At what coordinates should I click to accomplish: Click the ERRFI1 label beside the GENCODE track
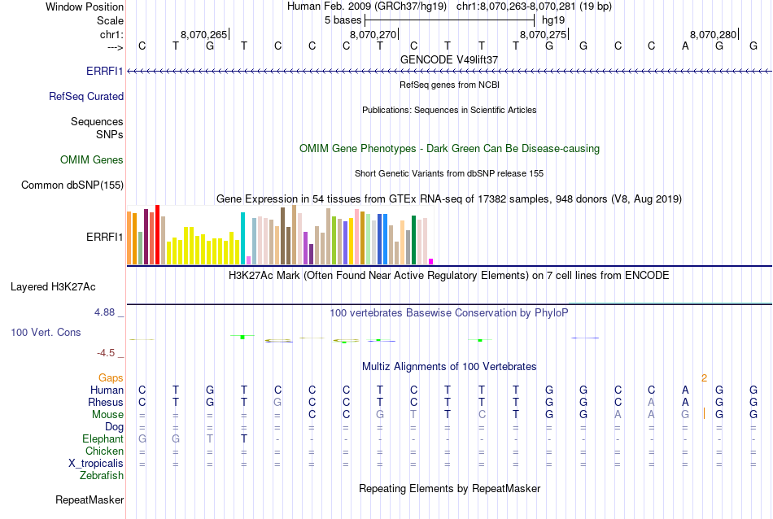(x=104, y=71)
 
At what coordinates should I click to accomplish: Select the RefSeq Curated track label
(x=86, y=96)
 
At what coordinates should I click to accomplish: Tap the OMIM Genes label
(x=92, y=159)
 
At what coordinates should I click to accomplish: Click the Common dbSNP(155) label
(x=72, y=185)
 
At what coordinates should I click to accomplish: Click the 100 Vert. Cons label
(x=46, y=333)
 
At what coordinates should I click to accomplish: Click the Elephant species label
(x=103, y=439)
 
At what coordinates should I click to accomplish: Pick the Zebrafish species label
(x=102, y=475)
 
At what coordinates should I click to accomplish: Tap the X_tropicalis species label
(x=96, y=464)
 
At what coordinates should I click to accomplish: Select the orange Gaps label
(x=111, y=378)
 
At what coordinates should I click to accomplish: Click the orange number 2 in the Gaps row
(x=704, y=378)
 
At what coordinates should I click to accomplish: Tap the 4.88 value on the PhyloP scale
(x=106, y=312)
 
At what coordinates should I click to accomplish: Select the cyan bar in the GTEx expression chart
(x=242, y=238)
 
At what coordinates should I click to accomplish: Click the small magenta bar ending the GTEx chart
(x=430, y=261)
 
